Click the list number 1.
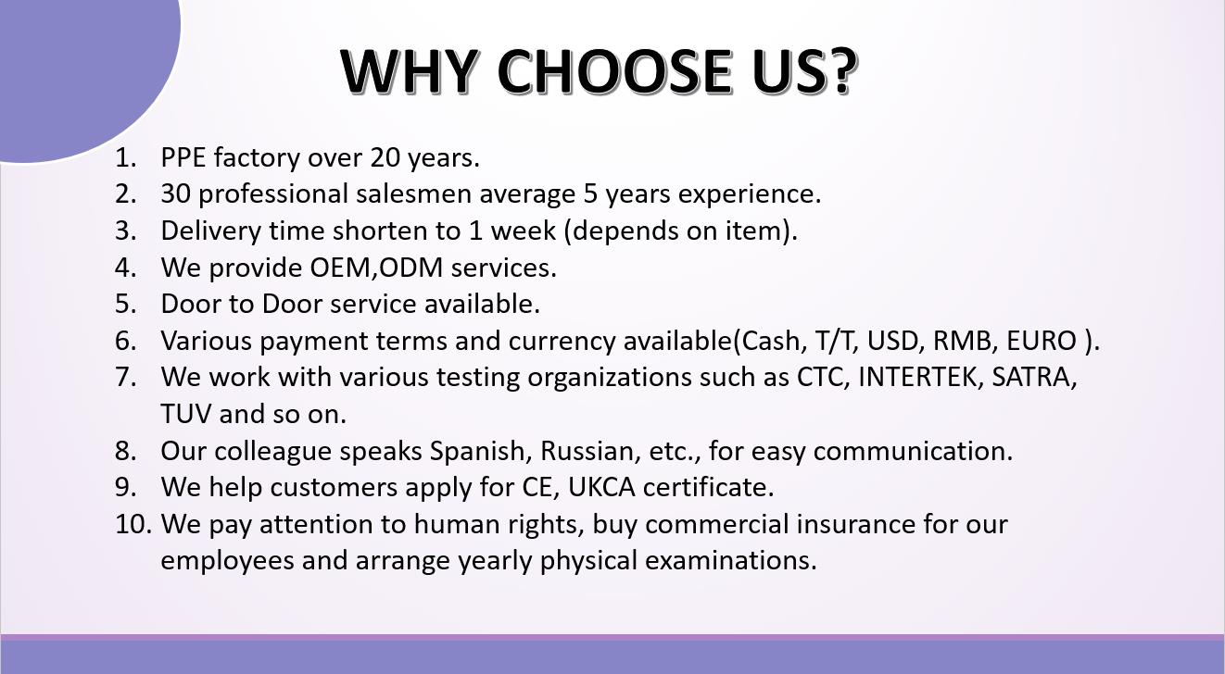click(x=125, y=157)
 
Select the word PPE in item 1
click(x=183, y=157)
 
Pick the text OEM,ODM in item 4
click(x=376, y=268)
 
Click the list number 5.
click(x=125, y=304)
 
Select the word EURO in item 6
click(x=1042, y=341)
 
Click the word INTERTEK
click(x=917, y=377)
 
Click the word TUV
click(x=185, y=414)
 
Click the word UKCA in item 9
click(x=601, y=487)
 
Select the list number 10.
click(x=133, y=524)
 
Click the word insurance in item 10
click(x=856, y=524)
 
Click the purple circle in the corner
click(x=82, y=66)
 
